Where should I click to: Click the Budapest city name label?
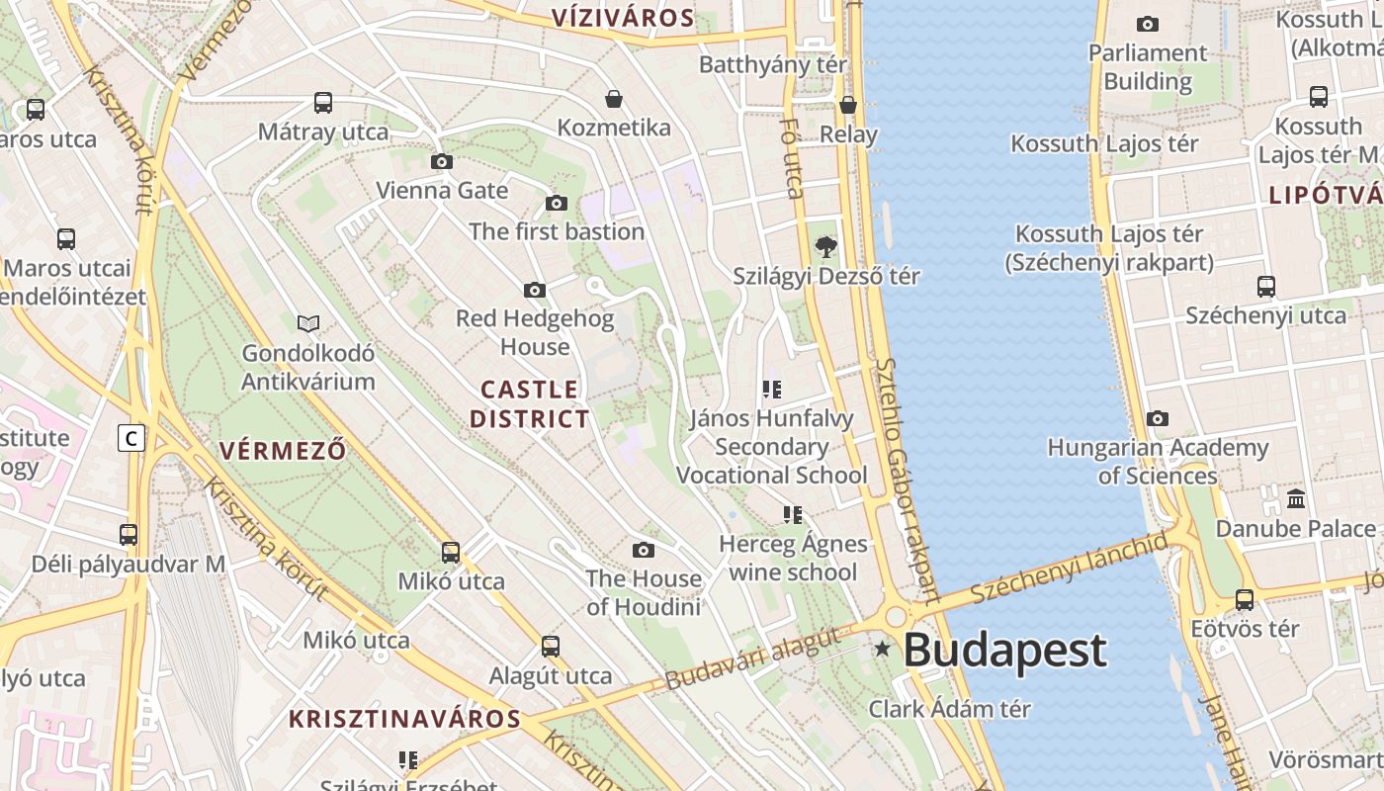[1004, 651]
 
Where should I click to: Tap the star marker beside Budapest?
[882, 650]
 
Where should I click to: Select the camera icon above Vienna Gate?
[442, 161]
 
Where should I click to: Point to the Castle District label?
[529, 403]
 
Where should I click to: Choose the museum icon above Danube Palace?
[1296, 497]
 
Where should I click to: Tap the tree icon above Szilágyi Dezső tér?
[824, 246]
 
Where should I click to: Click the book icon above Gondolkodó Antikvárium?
[308, 323]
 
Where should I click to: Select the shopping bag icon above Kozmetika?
[614, 99]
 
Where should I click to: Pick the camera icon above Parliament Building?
[1148, 24]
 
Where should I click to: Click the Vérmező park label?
[283, 451]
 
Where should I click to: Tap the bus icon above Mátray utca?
[323, 102]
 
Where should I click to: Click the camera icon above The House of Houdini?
[644, 550]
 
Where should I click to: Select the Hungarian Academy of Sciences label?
[1158, 462]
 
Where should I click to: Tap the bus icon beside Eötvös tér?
[1245, 599]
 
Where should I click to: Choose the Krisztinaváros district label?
[404, 719]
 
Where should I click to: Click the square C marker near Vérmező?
[131, 437]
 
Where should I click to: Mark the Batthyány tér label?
[773, 64]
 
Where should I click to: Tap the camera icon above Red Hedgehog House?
[535, 290]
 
